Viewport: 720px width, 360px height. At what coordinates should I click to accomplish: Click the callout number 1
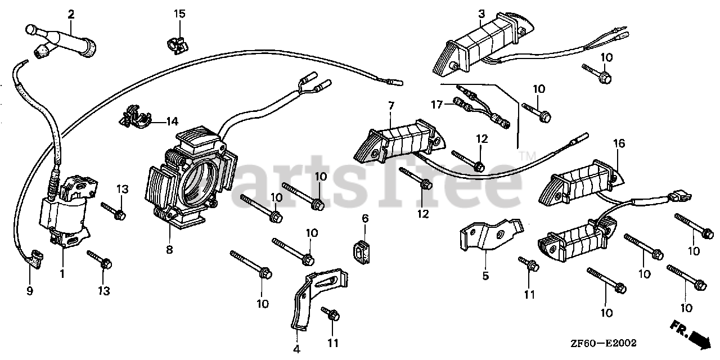[62, 274]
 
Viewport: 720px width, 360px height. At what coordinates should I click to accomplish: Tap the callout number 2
[71, 14]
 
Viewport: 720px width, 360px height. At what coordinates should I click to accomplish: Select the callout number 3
[481, 13]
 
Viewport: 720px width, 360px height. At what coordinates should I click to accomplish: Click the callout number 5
[485, 276]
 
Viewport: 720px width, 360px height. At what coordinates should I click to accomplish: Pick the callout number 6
[364, 218]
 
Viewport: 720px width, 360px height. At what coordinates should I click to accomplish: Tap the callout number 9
[30, 291]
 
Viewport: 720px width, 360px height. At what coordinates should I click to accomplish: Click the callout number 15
[179, 13]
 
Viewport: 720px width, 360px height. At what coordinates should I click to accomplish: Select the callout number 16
[619, 144]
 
